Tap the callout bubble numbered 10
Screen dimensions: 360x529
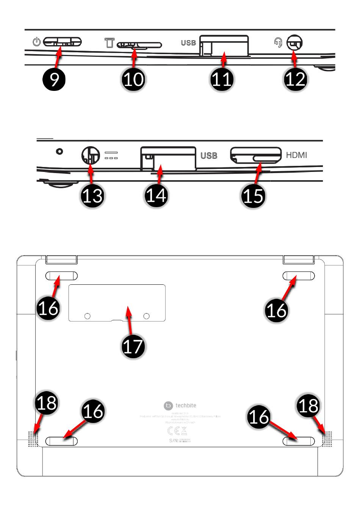[x=133, y=79]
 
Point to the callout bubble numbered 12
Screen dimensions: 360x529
[x=295, y=79]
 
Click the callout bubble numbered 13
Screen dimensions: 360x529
[x=92, y=196]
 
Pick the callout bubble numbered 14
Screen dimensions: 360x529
[x=157, y=196]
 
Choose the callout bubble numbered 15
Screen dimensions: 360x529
[x=253, y=196]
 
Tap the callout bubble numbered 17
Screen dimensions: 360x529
[x=133, y=346]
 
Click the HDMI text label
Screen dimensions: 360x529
[x=296, y=155]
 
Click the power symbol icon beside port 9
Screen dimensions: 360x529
[x=36, y=42]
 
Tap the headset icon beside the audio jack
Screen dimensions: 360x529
[x=278, y=42]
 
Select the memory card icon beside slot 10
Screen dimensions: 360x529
[x=109, y=42]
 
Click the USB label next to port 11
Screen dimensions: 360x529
[x=188, y=43]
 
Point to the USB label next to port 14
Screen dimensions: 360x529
[x=208, y=155]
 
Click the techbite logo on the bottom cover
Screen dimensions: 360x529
[x=180, y=406]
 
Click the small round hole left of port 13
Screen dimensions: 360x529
[x=59, y=151]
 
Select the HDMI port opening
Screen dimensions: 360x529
[x=255, y=155]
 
